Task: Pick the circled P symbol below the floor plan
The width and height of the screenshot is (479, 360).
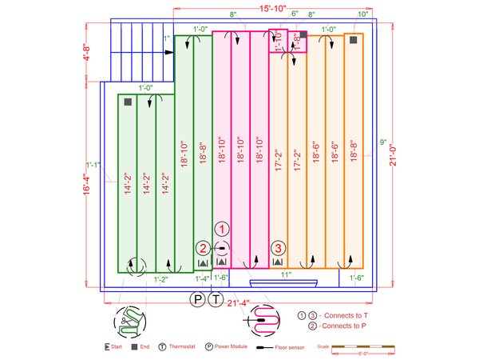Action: coord(197,299)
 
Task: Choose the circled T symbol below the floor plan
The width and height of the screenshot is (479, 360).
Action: coord(216,299)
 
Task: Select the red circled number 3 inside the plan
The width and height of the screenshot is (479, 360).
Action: coord(279,247)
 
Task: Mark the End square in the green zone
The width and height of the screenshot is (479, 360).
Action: coord(127,102)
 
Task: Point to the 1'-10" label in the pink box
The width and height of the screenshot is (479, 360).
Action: coord(279,42)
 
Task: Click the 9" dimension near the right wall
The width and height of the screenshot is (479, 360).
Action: coord(383,142)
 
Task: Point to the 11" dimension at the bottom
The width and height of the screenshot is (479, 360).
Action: coord(285,274)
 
